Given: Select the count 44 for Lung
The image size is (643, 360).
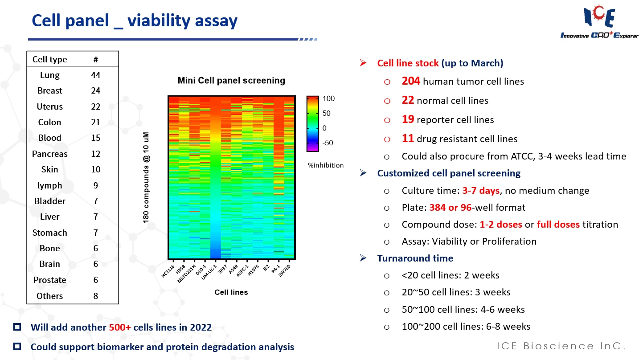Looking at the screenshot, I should [x=95, y=75].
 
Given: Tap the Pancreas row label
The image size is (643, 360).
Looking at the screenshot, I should [x=50, y=154].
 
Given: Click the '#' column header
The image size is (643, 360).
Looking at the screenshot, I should [x=95, y=59].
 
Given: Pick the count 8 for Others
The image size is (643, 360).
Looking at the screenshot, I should [x=95, y=296].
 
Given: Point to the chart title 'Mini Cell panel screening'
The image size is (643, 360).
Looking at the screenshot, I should [x=231, y=81].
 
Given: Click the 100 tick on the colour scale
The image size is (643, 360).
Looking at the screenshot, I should [x=329, y=98].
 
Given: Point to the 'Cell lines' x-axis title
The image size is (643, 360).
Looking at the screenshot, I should [x=231, y=292].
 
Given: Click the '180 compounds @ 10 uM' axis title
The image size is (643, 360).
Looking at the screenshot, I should [x=147, y=177].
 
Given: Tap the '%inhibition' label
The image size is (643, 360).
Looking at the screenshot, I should [x=326, y=165].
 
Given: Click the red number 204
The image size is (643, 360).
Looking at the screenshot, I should [x=411, y=81].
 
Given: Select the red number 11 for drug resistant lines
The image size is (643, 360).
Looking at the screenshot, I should [x=408, y=139].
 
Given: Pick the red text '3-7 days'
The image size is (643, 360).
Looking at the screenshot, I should [x=481, y=191].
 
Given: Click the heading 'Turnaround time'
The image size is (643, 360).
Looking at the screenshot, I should [x=415, y=258].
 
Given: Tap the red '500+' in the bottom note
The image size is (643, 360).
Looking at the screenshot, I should [x=120, y=327].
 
